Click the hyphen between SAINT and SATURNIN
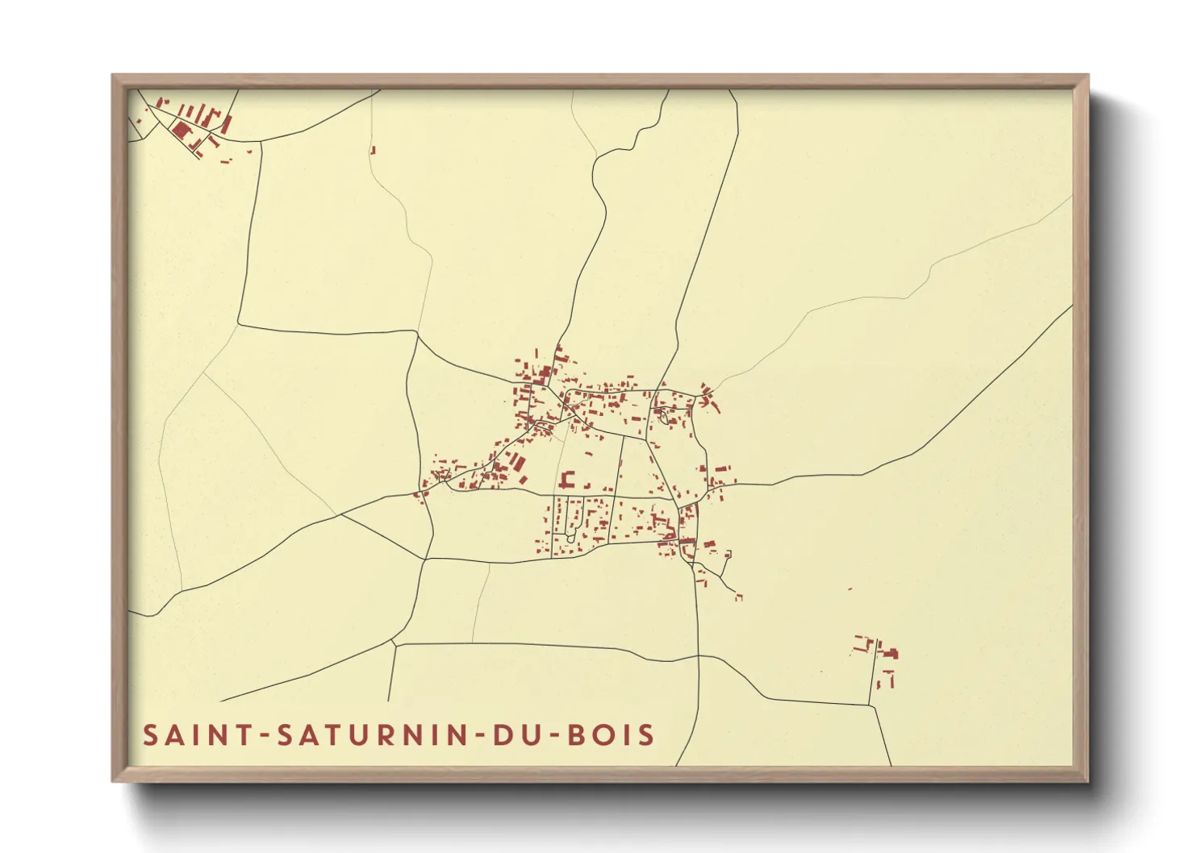(264, 736)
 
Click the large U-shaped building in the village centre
(567, 481)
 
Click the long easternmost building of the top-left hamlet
(227, 123)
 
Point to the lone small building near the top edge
(373, 149)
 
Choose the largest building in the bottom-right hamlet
(891, 653)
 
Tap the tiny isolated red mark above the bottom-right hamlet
(850, 589)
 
